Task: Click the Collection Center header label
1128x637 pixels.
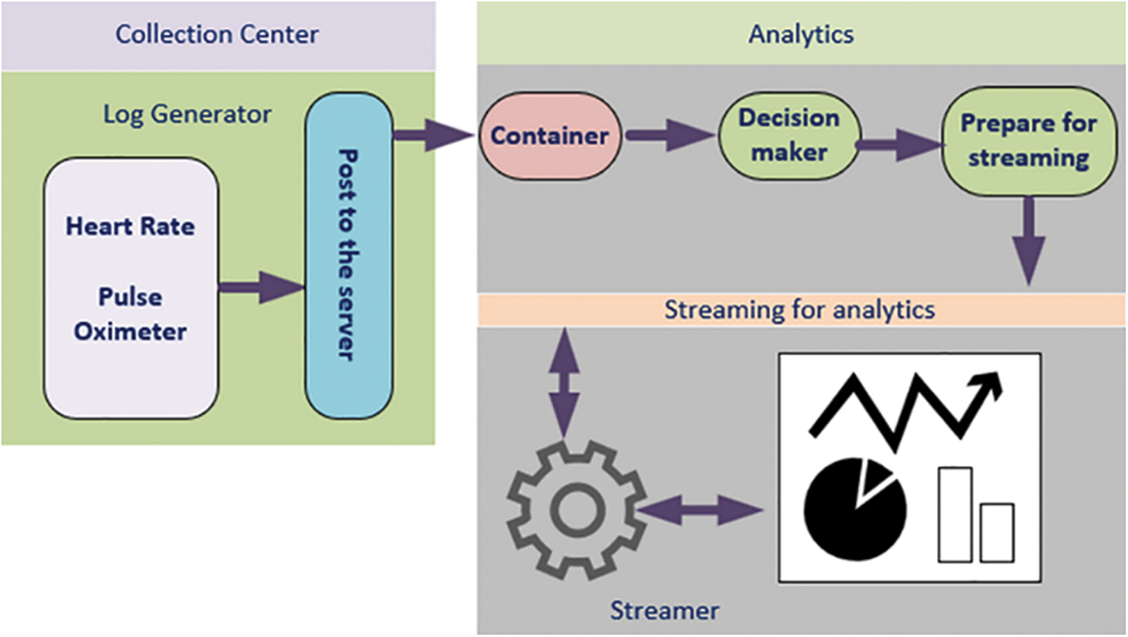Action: coord(217,35)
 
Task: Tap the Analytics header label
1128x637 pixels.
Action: coord(801,35)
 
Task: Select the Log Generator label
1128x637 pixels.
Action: coord(187,114)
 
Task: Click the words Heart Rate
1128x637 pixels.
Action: coord(130,226)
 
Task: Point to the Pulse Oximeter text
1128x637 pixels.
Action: coord(130,314)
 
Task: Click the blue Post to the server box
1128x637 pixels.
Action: coord(348,256)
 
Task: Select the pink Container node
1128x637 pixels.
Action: coord(550,136)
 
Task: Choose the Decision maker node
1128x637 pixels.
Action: coord(789,135)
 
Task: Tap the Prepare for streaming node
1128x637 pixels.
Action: coord(1029,141)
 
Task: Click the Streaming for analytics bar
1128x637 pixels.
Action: coord(800,310)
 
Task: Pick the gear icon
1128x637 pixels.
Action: coord(576,511)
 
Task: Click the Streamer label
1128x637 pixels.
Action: coord(664,611)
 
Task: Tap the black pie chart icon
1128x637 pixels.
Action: coord(855,509)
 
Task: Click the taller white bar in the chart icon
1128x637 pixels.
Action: coord(955,514)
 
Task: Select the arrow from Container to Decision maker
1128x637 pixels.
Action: coord(669,136)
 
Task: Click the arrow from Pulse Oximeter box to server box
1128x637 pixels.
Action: coord(261,287)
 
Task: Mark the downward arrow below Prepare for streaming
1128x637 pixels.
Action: coord(1029,241)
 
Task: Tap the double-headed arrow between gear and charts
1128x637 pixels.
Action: coord(701,511)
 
